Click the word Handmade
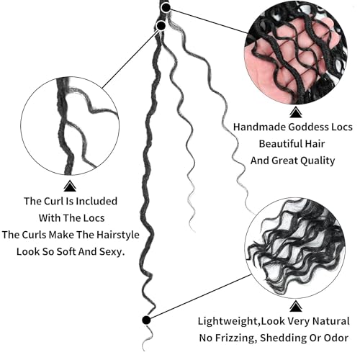(259, 127)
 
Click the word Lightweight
(228, 321)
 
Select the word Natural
(331, 321)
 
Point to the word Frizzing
(236, 338)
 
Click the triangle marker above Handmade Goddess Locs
(296, 112)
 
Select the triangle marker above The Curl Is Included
(70, 186)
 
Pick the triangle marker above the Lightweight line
(296, 307)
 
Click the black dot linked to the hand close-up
(166, 8)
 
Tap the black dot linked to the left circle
(161, 25)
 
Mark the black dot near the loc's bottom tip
(146, 320)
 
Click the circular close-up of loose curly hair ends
(295, 248)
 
